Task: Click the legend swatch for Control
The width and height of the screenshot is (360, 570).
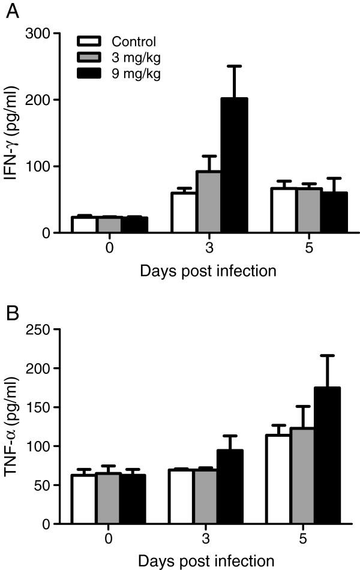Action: (x=89, y=41)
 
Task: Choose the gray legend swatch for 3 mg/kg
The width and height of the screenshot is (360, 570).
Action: (x=89, y=58)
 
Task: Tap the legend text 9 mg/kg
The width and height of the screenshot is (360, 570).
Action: (x=135, y=74)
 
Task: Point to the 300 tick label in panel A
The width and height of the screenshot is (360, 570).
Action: (x=38, y=34)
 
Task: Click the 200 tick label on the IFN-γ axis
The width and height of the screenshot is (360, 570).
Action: (x=38, y=100)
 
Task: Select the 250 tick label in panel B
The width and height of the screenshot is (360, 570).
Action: (x=38, y=329)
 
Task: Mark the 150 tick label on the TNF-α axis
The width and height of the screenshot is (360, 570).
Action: (x=38, y=407)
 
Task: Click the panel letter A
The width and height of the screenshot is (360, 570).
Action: (x=10, y=12)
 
